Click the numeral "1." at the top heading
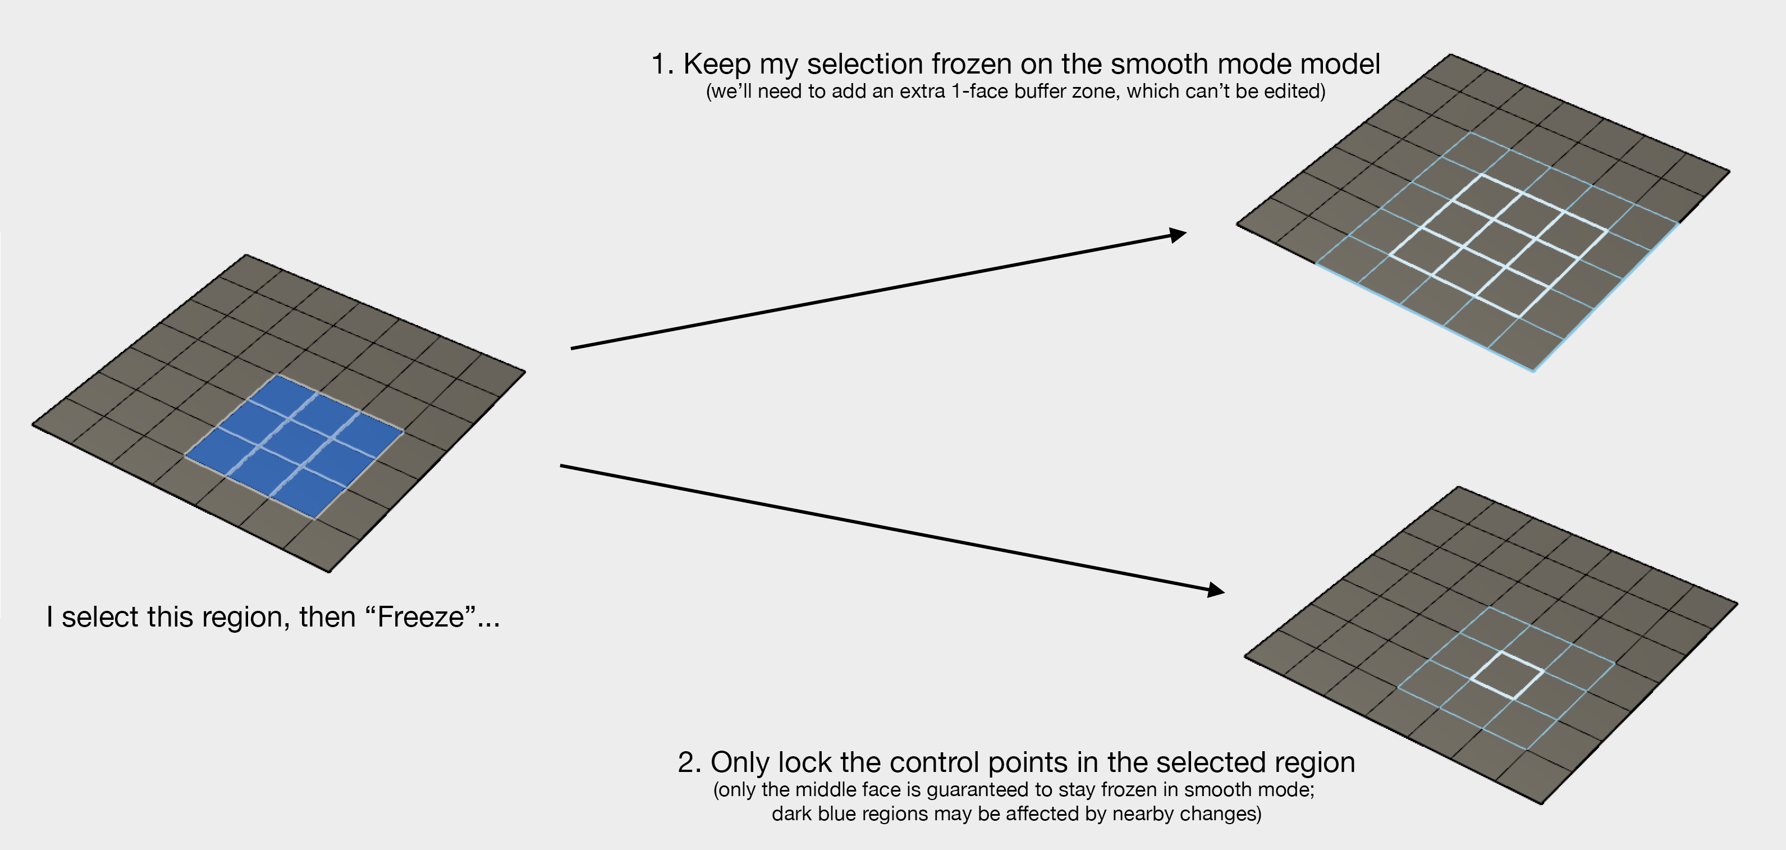pyautogui.click(x=662, y=65)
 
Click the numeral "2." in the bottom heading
pyautogui.click(x=689, y=762)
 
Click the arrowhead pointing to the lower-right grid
pyautogui.click(x=1216, y=590)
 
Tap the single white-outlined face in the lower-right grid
pyautogui.click(x=1507, y=674)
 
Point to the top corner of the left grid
pyautogui.click(x=246, y=255)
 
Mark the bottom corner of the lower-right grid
pyautogui.click(x=1541, y=803)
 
